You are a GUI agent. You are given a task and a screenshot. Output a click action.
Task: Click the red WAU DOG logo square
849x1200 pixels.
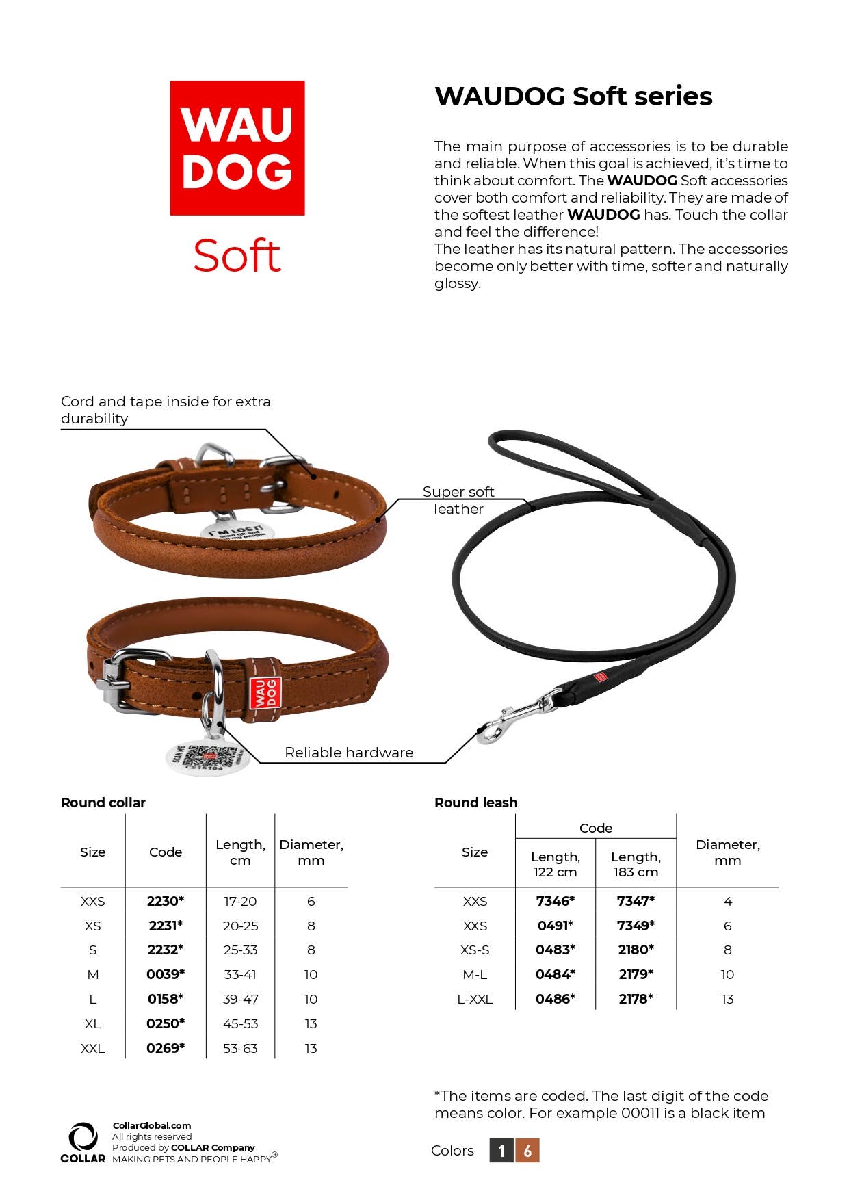(x=237, y=148)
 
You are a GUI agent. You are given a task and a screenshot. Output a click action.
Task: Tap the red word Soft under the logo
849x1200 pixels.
(x=237, y=256)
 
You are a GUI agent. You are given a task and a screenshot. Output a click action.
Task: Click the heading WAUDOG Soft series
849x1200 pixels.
(x=573, y=96)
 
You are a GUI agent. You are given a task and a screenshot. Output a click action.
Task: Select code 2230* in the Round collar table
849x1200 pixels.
(x=166, y=901)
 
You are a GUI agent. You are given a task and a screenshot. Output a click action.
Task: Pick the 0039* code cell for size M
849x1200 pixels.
(x=166, y=974)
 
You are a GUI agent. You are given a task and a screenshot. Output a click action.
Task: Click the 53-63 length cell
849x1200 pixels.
(x=240, y=1048)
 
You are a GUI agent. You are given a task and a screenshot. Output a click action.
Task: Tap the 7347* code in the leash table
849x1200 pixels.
(x=636, y=901)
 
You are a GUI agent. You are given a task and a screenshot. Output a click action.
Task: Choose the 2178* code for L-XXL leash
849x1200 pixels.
(x=636, y=999)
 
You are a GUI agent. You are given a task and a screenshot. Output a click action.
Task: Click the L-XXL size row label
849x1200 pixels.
(x=475, y=999)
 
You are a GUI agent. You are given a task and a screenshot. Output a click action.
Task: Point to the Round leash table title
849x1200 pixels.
(x=476, y=803)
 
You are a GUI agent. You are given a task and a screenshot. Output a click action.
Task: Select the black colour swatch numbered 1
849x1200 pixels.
(x=501, y=1151)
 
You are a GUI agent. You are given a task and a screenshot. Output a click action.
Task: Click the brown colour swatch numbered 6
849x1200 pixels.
(x=527, y=1151)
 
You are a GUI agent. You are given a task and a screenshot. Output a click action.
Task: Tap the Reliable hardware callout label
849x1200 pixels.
(x=349, y=753)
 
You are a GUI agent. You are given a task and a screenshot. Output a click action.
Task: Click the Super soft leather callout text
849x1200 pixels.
(x=458, y=500)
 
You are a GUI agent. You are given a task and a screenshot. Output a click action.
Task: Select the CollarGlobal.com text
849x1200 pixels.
(x=152, y=1125)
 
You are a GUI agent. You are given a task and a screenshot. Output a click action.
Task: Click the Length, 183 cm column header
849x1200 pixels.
(x=636, y=864)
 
